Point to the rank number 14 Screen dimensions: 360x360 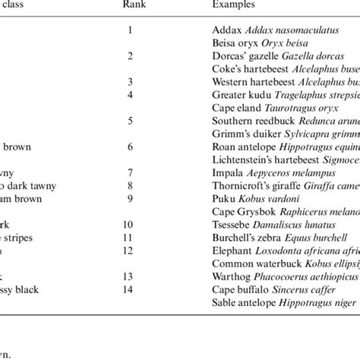[131, 289]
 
